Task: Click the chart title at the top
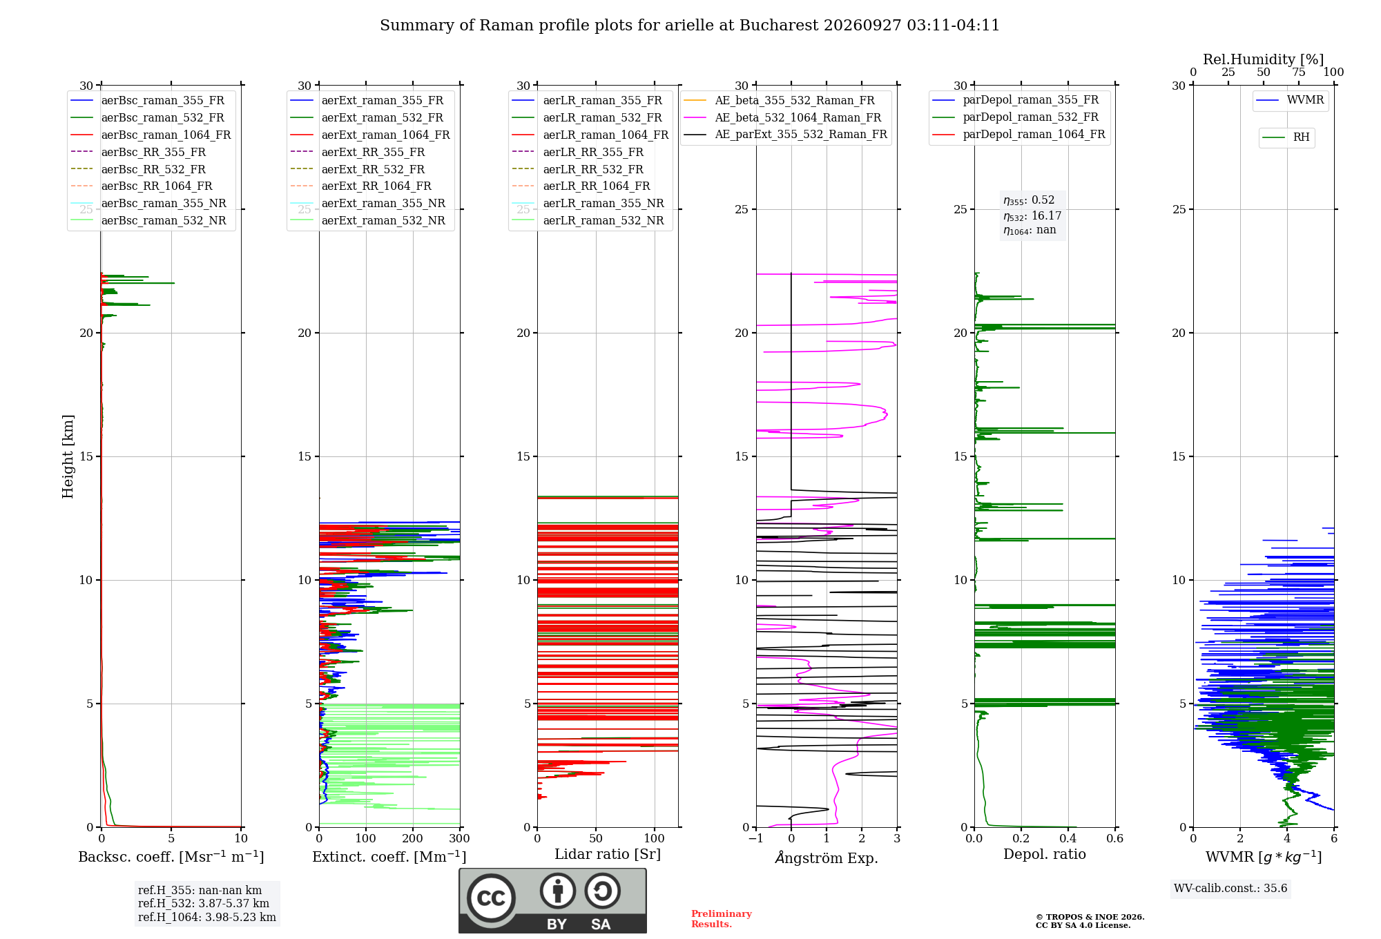(690, 26)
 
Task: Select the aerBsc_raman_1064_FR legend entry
(151, 135)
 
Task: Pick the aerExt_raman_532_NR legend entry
(368, 220)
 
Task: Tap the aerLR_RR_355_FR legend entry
(577, 152)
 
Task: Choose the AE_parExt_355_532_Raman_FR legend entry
(785, 134)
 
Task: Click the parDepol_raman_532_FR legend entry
(1015, 117)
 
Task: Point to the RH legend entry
(1286, 137)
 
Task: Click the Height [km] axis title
(68, 456)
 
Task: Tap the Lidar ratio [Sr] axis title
(608, 854)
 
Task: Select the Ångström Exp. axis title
(827, 858)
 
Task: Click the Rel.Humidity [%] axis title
(1264, 59)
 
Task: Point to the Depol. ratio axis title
(1045, 854)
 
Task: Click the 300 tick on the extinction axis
(460, 839)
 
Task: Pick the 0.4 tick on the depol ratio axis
(1068, 839)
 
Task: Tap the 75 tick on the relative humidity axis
(1299, 72)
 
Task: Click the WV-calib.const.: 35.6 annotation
(1230, 889)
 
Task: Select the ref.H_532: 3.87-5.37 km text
(204, 903)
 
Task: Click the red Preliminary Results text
(722, 919)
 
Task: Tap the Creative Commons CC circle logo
(491, 898)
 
